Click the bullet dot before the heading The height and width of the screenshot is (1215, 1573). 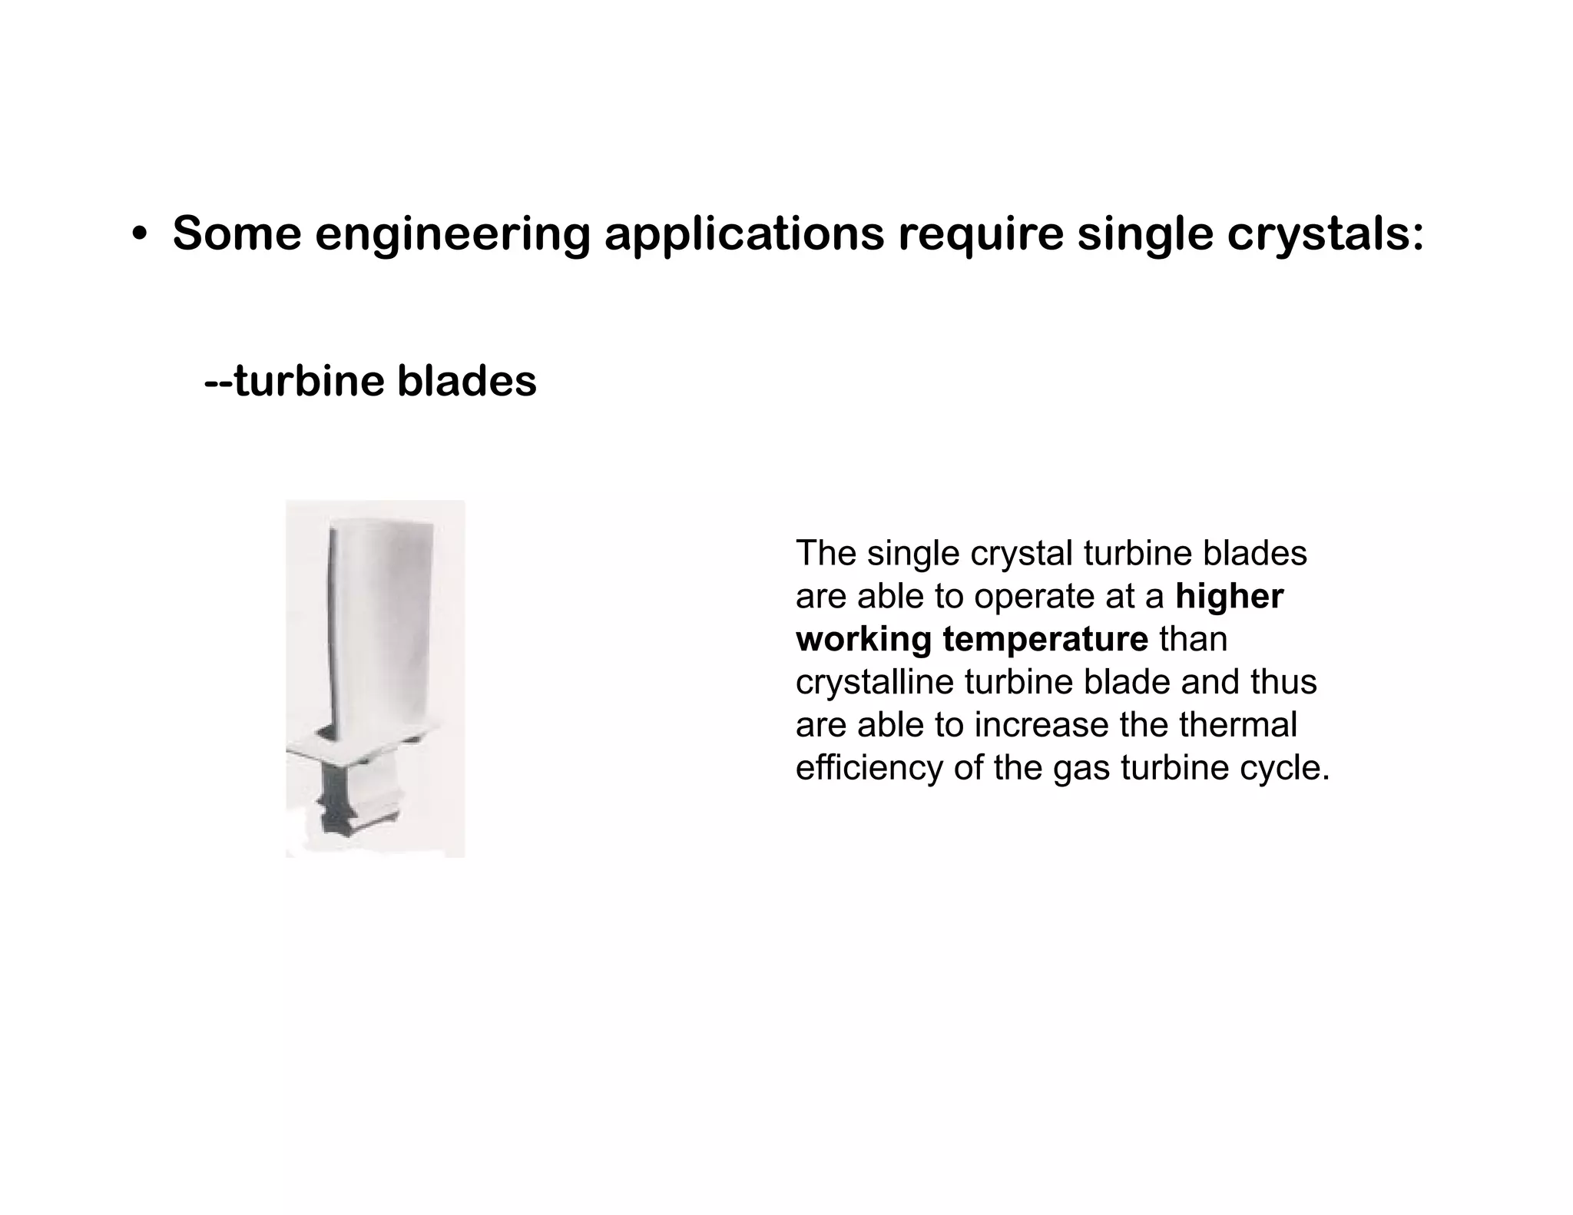139,235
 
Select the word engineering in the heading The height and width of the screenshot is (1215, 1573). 452,235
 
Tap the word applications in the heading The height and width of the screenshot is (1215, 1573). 744,235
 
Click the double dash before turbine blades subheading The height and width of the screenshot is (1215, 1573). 218,381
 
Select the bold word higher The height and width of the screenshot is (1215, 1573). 1229,596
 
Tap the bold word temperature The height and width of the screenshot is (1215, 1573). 1045,639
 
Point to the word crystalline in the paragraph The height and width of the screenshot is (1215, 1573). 874,682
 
